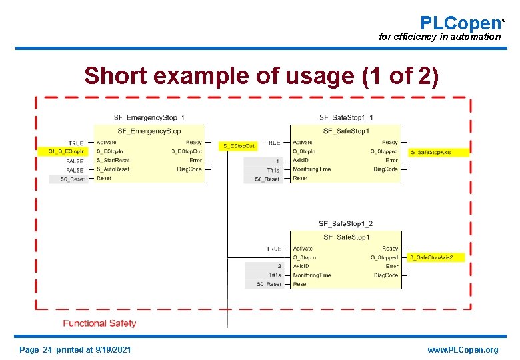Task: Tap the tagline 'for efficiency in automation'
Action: (x=439, y=37)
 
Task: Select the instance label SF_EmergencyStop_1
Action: (x=149, y=118)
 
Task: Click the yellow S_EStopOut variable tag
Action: (x=238, y=145)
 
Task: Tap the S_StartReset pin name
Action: (x=113, y=161)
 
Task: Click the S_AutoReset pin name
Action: (x=113, y=169)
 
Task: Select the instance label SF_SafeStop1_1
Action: (x=346, y=118)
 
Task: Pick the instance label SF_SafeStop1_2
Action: (x=345, y=224)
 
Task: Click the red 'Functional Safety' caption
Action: (x=99, y=323)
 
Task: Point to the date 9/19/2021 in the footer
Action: (x=113, y=350)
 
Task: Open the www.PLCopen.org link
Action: (x=462, y=350)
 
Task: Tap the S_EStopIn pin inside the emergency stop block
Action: (x=110, y=151)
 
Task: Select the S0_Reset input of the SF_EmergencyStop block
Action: (x=72, y=179)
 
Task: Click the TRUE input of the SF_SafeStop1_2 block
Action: (x=274, y=249)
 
